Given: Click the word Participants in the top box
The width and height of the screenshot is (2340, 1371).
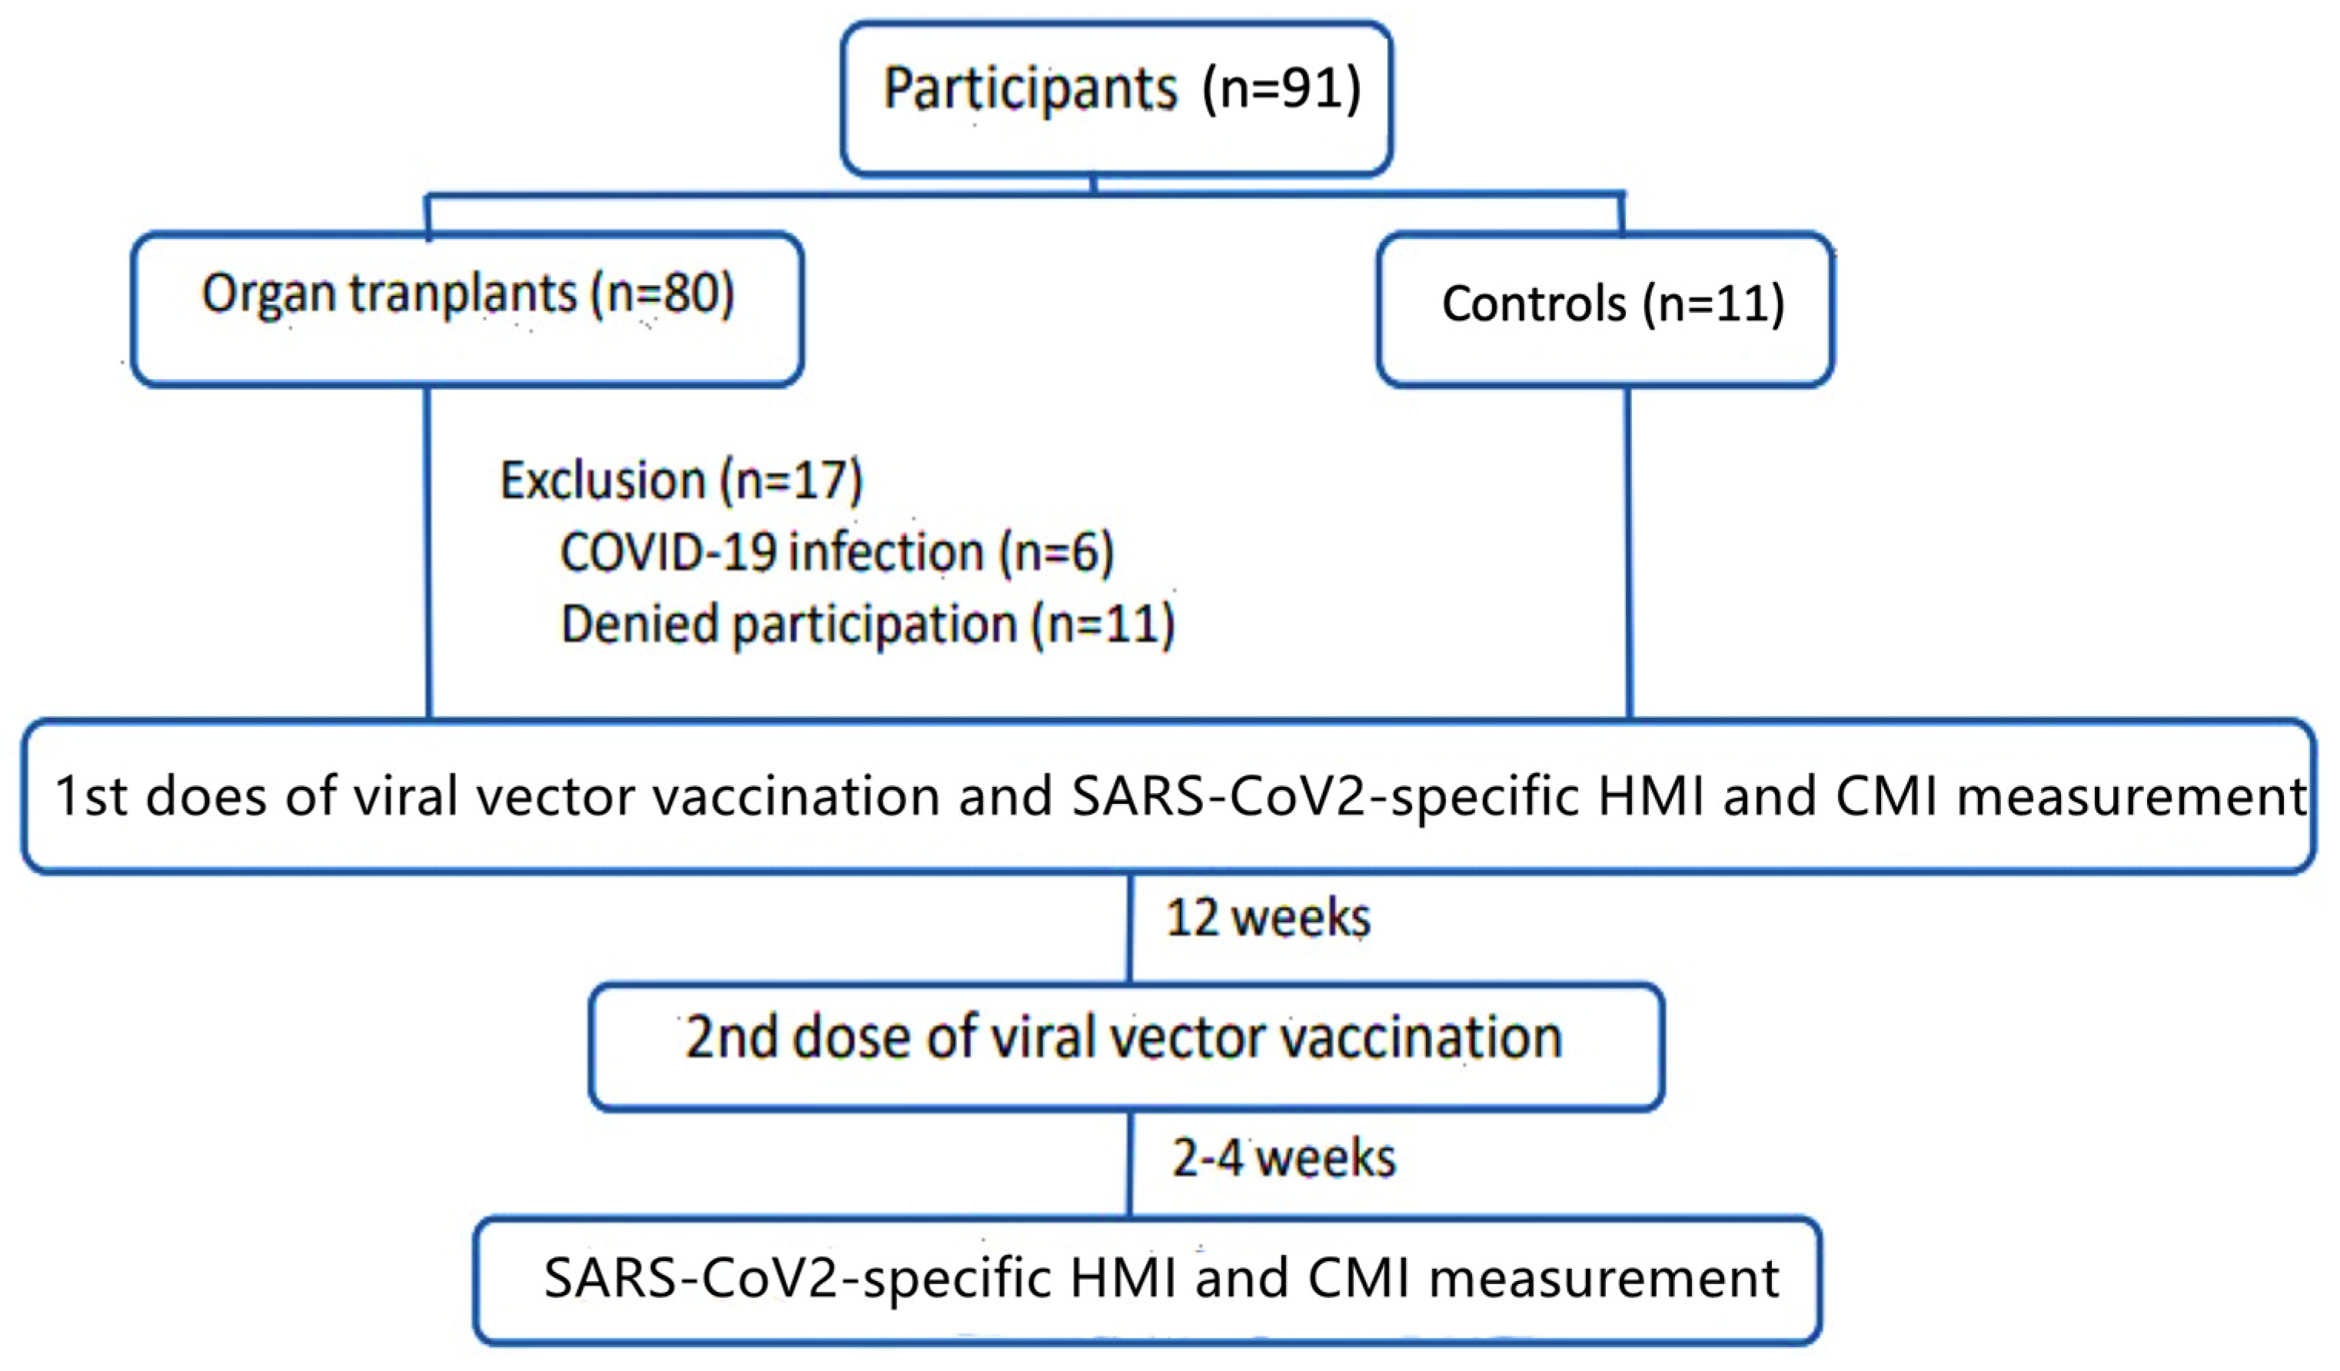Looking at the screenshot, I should [x=1029, y=90].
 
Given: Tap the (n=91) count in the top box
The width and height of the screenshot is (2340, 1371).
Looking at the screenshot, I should [x=1281, y=90].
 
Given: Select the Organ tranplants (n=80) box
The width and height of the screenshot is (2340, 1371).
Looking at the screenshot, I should [x=467, y=308].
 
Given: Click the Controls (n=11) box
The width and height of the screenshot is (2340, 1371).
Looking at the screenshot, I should [x=1604, y=308].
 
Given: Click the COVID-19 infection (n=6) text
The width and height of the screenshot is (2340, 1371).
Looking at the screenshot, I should [x=836, y=553].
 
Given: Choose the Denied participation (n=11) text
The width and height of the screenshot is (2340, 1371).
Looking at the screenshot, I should [x=867, y=624].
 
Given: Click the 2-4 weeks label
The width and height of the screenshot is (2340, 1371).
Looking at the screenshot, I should [x=1283, y=1158].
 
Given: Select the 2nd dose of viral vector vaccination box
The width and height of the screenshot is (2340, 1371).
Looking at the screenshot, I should [x=1125, y=1045].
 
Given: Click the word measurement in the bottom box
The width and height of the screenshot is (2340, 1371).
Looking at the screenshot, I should [x=1604, y=1279].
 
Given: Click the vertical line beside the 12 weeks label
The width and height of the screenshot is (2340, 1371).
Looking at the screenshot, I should [x=1129, y=928].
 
